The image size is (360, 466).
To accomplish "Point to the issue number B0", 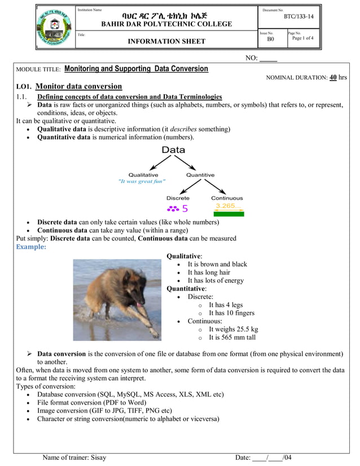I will pyautogui.click(x=270, y=39).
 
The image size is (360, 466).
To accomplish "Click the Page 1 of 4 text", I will pyautogui.click(x=302, y=38).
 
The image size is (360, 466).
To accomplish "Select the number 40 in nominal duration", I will pyautogui.click(x=333, y=77).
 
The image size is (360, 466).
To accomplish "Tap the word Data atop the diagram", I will pyautogui.click(x=173, y=150).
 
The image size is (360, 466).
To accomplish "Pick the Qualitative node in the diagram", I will pyautogui.click(x=143, y=175).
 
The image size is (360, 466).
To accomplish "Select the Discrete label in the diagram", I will pyautogui.click(x=178, y=198).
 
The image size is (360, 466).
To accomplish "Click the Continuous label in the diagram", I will pyautogui.click(x=227, y=198).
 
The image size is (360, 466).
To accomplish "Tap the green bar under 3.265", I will pyautogui.click(x=229, y=214).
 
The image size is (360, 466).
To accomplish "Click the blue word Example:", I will pyautogui.click(x=31, y=247).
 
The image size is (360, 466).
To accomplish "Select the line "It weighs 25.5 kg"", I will pyautogui.click(x=233, y=329).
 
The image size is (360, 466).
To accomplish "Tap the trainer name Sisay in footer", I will pyautogui.click(x=98, y=458).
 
